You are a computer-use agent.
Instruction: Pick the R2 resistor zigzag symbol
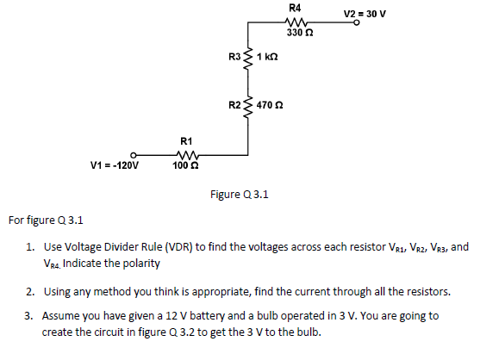(x=249, y=105)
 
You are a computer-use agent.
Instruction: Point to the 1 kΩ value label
(x=266, y=58)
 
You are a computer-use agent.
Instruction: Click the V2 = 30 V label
(x=365, y=14)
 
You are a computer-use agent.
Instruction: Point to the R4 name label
(x=296, y=8)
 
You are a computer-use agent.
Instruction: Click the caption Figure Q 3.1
(x=240, y=195)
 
